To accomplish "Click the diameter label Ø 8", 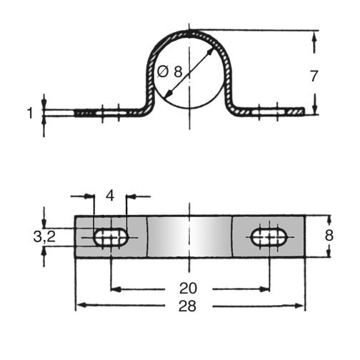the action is tap(170, 71).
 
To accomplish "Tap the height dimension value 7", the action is tap(314, 76).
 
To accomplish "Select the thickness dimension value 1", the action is tap(30, 113).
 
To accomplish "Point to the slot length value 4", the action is tap(110, 196).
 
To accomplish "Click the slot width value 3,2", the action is tap(44, 236).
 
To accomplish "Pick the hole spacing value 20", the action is tap(188, 288).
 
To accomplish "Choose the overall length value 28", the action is tap(188, 306).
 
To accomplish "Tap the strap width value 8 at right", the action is tap(329, 236).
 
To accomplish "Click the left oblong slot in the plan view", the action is tap(111, 237).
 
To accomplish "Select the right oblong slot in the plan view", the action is tap(269, 237).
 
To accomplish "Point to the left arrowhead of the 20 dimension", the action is tap(116, 289).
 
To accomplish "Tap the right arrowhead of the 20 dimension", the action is tap(264, 289).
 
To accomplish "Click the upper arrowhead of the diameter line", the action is tap(209, 52).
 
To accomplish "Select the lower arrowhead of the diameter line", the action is tap(169, 94).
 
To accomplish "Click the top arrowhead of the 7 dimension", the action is tap(314, 38).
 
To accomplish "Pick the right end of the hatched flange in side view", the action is tap(304, 111).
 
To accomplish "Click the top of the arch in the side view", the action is tap(189, 32).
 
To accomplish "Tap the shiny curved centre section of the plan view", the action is tap(189, 236).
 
